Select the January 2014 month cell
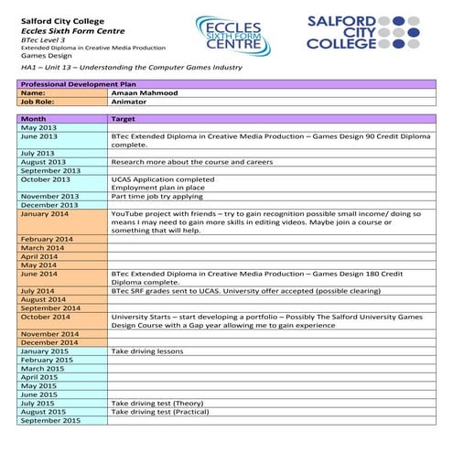click(45, 214)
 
